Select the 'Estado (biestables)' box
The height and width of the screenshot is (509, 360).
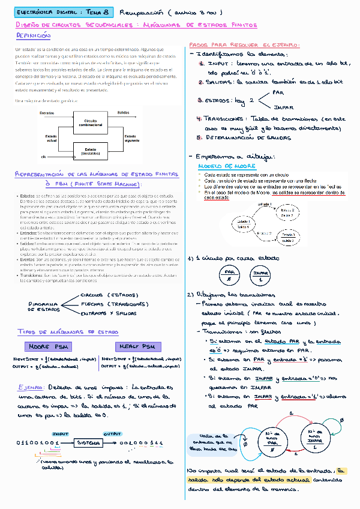(91, 151)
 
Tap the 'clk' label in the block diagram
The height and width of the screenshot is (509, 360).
(44, 157)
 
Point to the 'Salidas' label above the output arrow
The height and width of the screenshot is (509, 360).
(123, 113)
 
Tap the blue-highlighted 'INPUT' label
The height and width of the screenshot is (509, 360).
(60, 433)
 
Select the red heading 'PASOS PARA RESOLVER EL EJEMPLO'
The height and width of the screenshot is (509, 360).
(244, 46)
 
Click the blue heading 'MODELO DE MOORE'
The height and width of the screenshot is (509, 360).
(218, 166)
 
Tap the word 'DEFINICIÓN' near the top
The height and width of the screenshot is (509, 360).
(33, 37)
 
